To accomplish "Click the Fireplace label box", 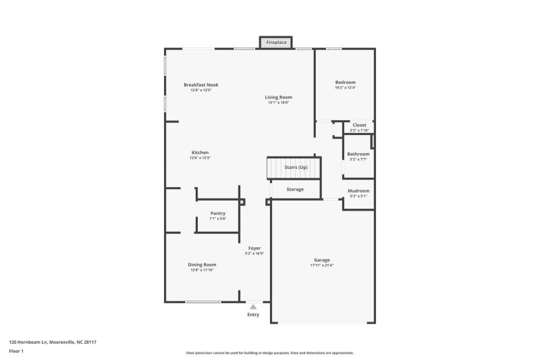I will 276,43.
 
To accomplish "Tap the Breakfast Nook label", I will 201,85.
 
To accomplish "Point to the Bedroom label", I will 345,82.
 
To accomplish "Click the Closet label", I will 359,125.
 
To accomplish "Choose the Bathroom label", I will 358,154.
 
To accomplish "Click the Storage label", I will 295,189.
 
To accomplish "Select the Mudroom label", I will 358,191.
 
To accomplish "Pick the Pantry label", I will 217,213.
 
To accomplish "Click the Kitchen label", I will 200,153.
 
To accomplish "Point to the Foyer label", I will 254,249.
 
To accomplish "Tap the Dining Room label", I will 202,265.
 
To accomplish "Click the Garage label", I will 321,259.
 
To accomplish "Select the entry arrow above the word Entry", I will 253,306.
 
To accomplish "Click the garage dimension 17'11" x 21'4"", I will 321,265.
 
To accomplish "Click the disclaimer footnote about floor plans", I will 270,353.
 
